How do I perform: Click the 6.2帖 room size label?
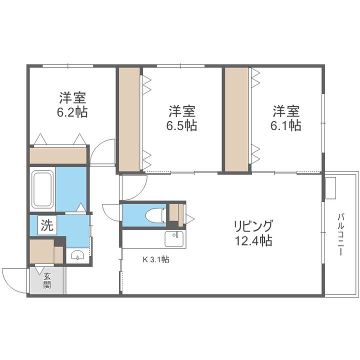pos(72,111)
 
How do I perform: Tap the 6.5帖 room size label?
pos(181,125)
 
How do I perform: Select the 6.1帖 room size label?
pos(286,125)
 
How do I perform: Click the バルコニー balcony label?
pos(341,234)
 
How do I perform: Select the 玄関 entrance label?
pos(47,281)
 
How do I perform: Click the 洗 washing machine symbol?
pos(46,225)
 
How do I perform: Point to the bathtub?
pos(42,190)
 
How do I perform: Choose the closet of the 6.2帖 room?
pos(58,155)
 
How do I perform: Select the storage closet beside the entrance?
pos(41,251)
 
